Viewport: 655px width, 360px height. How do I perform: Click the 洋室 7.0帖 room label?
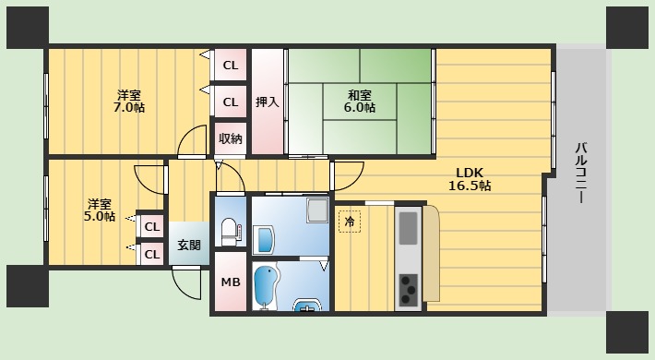tap(129, 101)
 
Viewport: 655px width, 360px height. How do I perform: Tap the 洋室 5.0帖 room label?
tap(100, 210)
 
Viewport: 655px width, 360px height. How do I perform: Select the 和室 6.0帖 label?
tap(360, 102)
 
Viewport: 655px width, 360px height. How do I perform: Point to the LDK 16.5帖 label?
tap(470, 179)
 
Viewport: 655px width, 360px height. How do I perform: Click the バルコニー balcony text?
tap(581, 173)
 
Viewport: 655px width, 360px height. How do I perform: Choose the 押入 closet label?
tap(268, 102)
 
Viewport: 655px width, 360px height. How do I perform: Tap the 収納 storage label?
tap(231, 138)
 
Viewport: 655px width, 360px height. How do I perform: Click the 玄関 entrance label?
tap(189, 245)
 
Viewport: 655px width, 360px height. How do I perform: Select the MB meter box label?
tap(231, 282)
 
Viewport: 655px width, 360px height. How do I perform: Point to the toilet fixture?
tap(229, 231)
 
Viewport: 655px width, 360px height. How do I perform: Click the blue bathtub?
tap(264, 287)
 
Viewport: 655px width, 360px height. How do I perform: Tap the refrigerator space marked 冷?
tap(350, 222)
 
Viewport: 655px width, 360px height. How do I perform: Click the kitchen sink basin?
tap(408, 228)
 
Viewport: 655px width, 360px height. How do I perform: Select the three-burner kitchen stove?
tap(409, 289)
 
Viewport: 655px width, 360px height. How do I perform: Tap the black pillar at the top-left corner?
tap(28, 28)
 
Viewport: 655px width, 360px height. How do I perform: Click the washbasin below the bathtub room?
tap(307, 306)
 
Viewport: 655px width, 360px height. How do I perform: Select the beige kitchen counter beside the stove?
tap(431, 253)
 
